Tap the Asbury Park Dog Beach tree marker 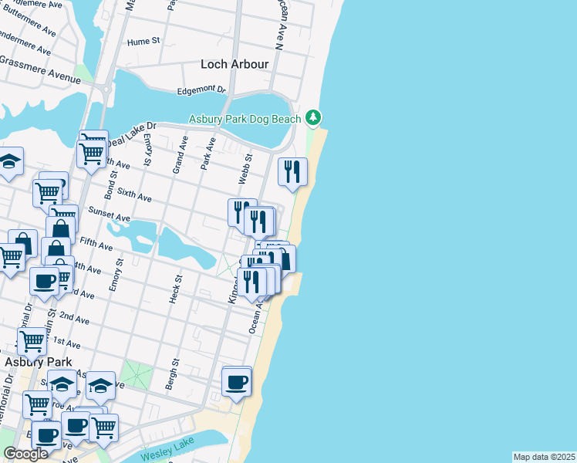click(312, 118)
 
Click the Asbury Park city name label click(38, 361)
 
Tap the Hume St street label click(143, 41)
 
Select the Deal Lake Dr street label click(131, 133)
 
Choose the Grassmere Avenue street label click(40, 69)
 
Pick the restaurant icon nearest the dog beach click(292, 171)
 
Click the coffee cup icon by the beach click(237, 381)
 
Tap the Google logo click(25, 454)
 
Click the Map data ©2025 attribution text click(544, 457)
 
